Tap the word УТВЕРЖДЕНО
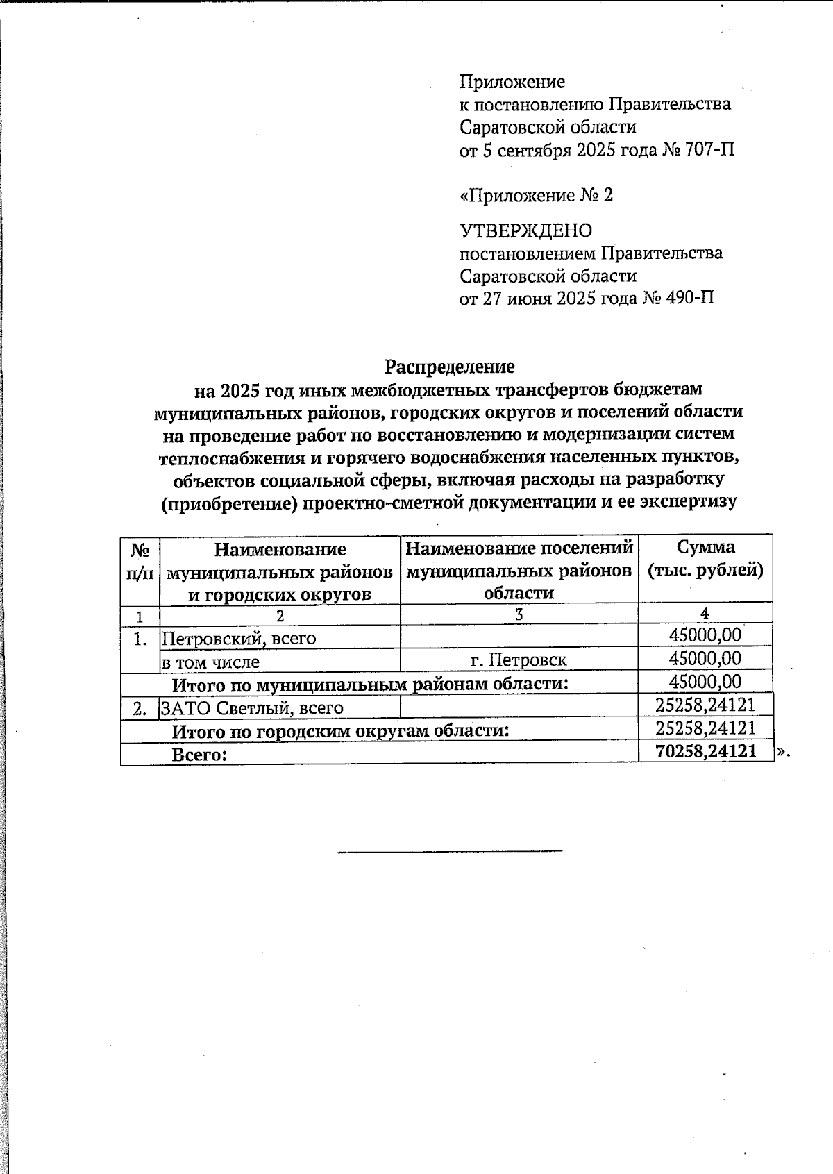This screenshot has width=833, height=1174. point(525,230)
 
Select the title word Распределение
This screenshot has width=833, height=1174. point(450,366)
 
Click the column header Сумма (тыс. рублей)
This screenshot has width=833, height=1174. point(705,560)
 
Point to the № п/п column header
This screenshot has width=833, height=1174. point(140,561)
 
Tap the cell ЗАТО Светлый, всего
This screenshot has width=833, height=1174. point(252,707)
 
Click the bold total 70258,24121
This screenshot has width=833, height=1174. point(705,751)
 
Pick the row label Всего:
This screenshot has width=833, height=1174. point(200,755)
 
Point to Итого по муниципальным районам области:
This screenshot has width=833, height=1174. point(370,685)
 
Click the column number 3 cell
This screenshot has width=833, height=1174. point(519,614)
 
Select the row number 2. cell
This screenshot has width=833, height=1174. point(140,708)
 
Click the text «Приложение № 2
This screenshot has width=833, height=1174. point(536,195)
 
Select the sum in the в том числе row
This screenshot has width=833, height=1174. point(705,658)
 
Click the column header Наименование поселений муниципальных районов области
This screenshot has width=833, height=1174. point(519,570)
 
